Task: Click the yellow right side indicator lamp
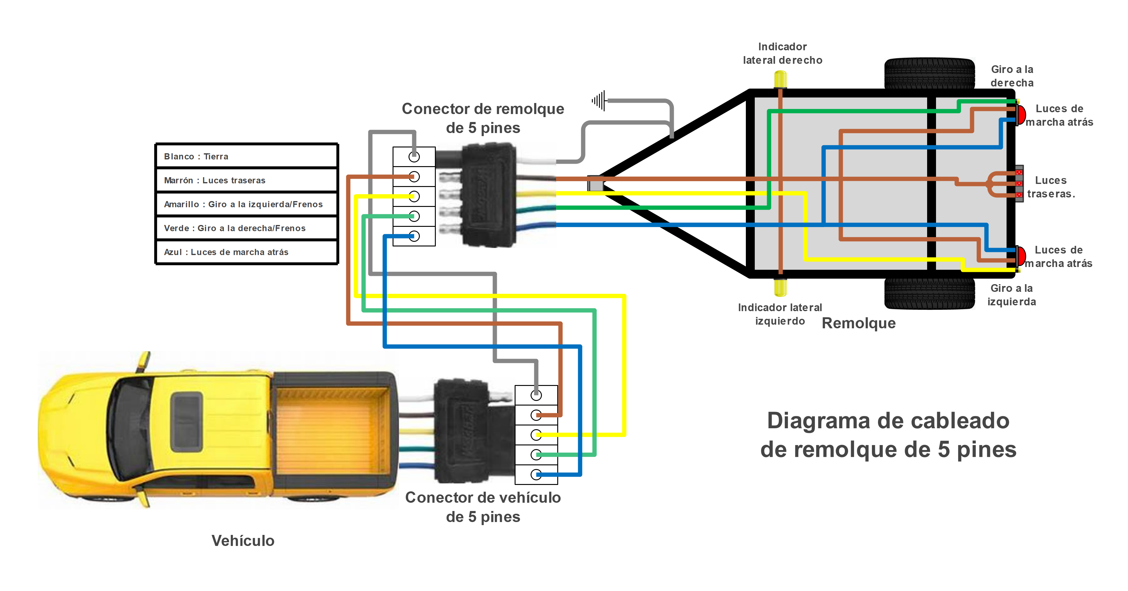[780, 80]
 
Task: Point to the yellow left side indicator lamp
[780, 288]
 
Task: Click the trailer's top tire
[929, 73]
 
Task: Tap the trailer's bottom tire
[929, 294]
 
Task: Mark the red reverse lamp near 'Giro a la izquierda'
[1021, 257]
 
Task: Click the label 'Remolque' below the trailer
[858, 323]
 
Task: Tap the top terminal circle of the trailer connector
[414, 156]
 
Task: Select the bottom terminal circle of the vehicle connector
[536, 475]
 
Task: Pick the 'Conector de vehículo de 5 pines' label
[483, 507]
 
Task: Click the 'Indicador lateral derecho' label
[782, 53]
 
